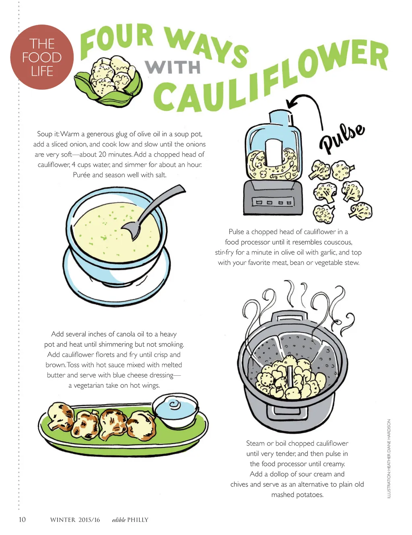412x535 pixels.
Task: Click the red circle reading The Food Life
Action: tap(42, 57)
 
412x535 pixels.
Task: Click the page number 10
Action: tap(22, 519)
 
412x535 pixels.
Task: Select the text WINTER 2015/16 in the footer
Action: tap(75, 520)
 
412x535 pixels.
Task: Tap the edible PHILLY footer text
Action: tap(130, 520)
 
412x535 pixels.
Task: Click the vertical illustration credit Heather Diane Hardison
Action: tap(389, 459)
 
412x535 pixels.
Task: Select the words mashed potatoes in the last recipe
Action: tap(297, 495)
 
